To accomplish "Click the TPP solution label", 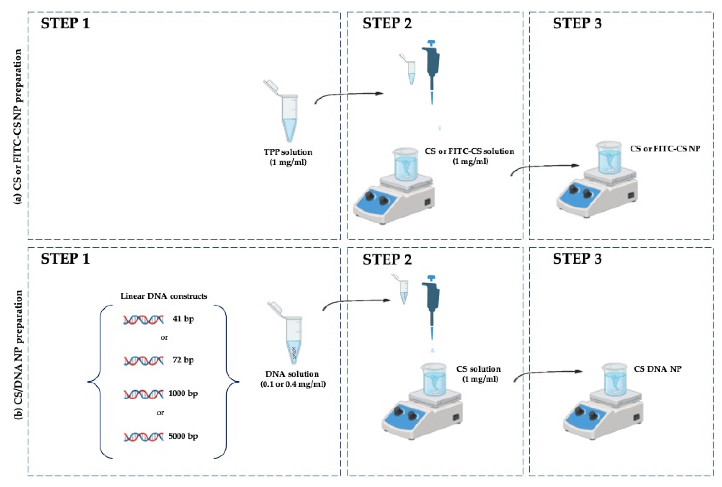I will [x=288, y=152].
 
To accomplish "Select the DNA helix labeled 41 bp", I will [x=144, y=320].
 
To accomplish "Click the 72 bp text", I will [x=183, y=360].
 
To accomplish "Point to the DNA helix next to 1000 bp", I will [x=144, y=394].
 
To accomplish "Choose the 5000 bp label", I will [x=183, y=436].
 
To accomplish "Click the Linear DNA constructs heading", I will [x=164, y=296].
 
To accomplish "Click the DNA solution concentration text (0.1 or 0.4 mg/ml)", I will [x=293, y=384].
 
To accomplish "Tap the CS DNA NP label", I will [x=658, y=369].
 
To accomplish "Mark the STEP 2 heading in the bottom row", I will [x=387, y=259].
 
